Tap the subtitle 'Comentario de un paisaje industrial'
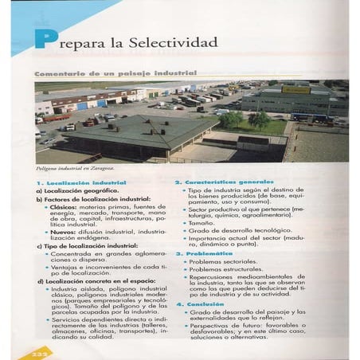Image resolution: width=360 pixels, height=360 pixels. [x=115, y=72]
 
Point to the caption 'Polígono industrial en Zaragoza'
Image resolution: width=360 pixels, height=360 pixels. [x=75, y=168]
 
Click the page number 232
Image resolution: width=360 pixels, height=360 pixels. [x=30, y=351]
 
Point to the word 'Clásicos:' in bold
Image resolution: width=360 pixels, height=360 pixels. [x=64, y=207]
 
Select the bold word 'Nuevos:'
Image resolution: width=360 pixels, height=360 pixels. [x=62, y=232]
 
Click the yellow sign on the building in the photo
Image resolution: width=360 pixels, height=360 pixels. [x=295, y=90]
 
